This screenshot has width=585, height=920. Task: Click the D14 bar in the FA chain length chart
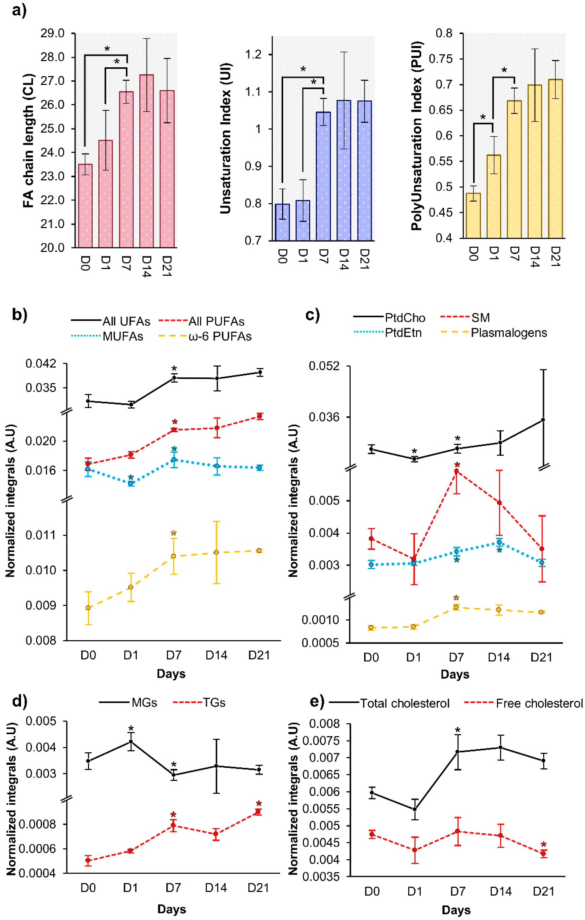pyautogui.click(x=147, y=160)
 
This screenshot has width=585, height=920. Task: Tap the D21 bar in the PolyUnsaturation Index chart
pyautogui.click(x=555, y=158)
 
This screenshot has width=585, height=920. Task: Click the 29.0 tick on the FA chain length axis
pyautogui.click(x=52, y=34)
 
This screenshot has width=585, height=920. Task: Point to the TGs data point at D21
pyautogui.click(x=258, y=811)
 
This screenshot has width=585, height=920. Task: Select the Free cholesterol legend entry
pyautogui.click(x=539, y=703)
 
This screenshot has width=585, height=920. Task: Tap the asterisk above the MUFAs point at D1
pyautogui.click(x=131, y=477)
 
